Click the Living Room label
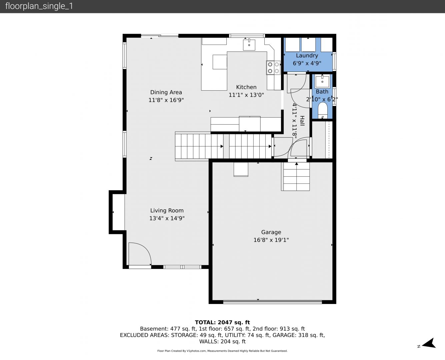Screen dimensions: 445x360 [x=167, y=210]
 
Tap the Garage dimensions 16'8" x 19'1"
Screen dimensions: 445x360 [x=271, y=240]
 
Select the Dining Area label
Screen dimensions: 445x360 [x=166, y=92]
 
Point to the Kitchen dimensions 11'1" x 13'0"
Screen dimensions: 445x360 [x=246, y=95]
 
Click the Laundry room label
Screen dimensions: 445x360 [x=307, y=56]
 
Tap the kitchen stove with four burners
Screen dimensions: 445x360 [x=273, y=68]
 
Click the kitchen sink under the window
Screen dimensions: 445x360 [x=249, y=45]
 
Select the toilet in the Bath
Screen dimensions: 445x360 [x=322, y=111]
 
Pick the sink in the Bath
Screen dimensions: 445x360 [x=322, y=81]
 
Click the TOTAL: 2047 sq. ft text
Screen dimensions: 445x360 [x=222, y=322]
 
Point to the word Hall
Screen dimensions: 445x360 [x=302, y=121]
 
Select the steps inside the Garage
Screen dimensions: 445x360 [x=295, y=177]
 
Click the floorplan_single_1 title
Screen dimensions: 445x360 [x=39, y=6]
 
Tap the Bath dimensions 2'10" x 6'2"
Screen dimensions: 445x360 [x=322, y=99]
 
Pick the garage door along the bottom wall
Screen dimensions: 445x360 [x=272, y=302]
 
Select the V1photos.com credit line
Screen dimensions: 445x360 [x=222, y=351]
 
